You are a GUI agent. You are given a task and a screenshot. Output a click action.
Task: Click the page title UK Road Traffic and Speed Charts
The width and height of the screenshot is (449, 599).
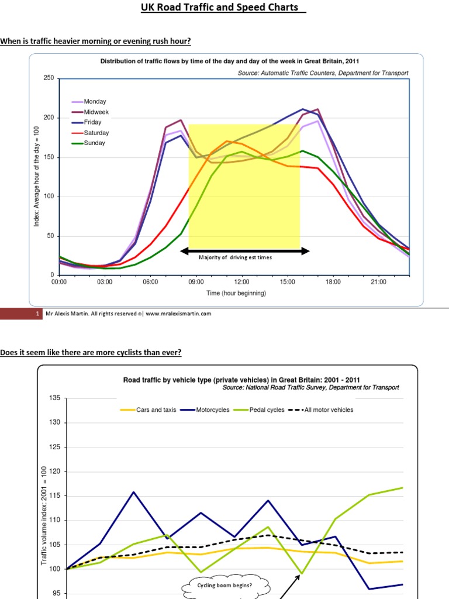(x=223, y=8)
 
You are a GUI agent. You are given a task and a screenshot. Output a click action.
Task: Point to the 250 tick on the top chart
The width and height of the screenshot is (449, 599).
(x=49, y=78)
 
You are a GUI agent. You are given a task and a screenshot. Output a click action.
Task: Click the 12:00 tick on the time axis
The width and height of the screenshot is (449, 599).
(x=241, y=282)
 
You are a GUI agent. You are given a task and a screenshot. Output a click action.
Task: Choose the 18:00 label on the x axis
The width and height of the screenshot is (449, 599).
(x=333, y=282)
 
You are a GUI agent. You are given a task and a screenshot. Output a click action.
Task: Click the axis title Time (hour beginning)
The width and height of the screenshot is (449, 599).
(x=236, y=293)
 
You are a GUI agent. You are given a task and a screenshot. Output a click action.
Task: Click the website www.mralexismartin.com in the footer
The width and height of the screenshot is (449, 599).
(x=178, y=314)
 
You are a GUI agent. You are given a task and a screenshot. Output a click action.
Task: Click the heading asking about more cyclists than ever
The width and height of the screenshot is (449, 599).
(x=91, y=352)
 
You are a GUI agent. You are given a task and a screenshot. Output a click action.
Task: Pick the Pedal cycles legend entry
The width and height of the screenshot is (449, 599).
(x=265, y=409)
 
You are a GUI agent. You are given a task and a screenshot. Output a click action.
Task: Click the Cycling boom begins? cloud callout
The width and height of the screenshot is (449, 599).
(x=228, y=584)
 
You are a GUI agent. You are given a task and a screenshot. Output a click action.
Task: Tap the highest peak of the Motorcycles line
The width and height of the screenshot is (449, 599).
(x=134, y=492)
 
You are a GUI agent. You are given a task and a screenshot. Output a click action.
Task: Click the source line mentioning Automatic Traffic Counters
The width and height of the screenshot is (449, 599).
(x=323, y=73)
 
